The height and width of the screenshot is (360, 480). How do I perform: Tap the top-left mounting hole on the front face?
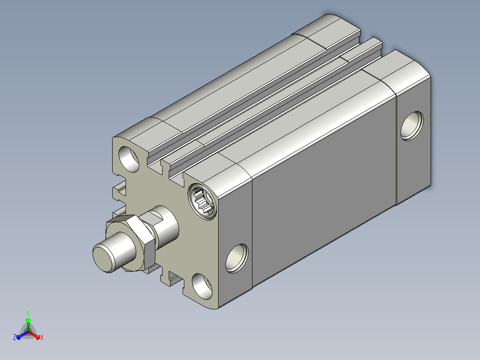pyautogui.click(x=129, y=159)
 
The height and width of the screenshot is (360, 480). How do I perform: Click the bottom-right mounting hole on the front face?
pyautogui.click(x=202, y=286)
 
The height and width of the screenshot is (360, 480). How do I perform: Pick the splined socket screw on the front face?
pyautogui.click(x=202, y=201)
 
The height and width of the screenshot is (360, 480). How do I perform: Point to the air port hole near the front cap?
pyautogui.click(x=236, y=258)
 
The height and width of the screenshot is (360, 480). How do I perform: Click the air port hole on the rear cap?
pyautogui.click(x=412, y=126)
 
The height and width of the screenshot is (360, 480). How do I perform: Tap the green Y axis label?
pyautogui.click(x=28, y=313)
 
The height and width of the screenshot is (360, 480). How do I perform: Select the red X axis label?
pyautogui.click(x=42, y=337)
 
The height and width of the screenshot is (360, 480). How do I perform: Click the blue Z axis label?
pyautogui.click(x=14, y=337)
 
